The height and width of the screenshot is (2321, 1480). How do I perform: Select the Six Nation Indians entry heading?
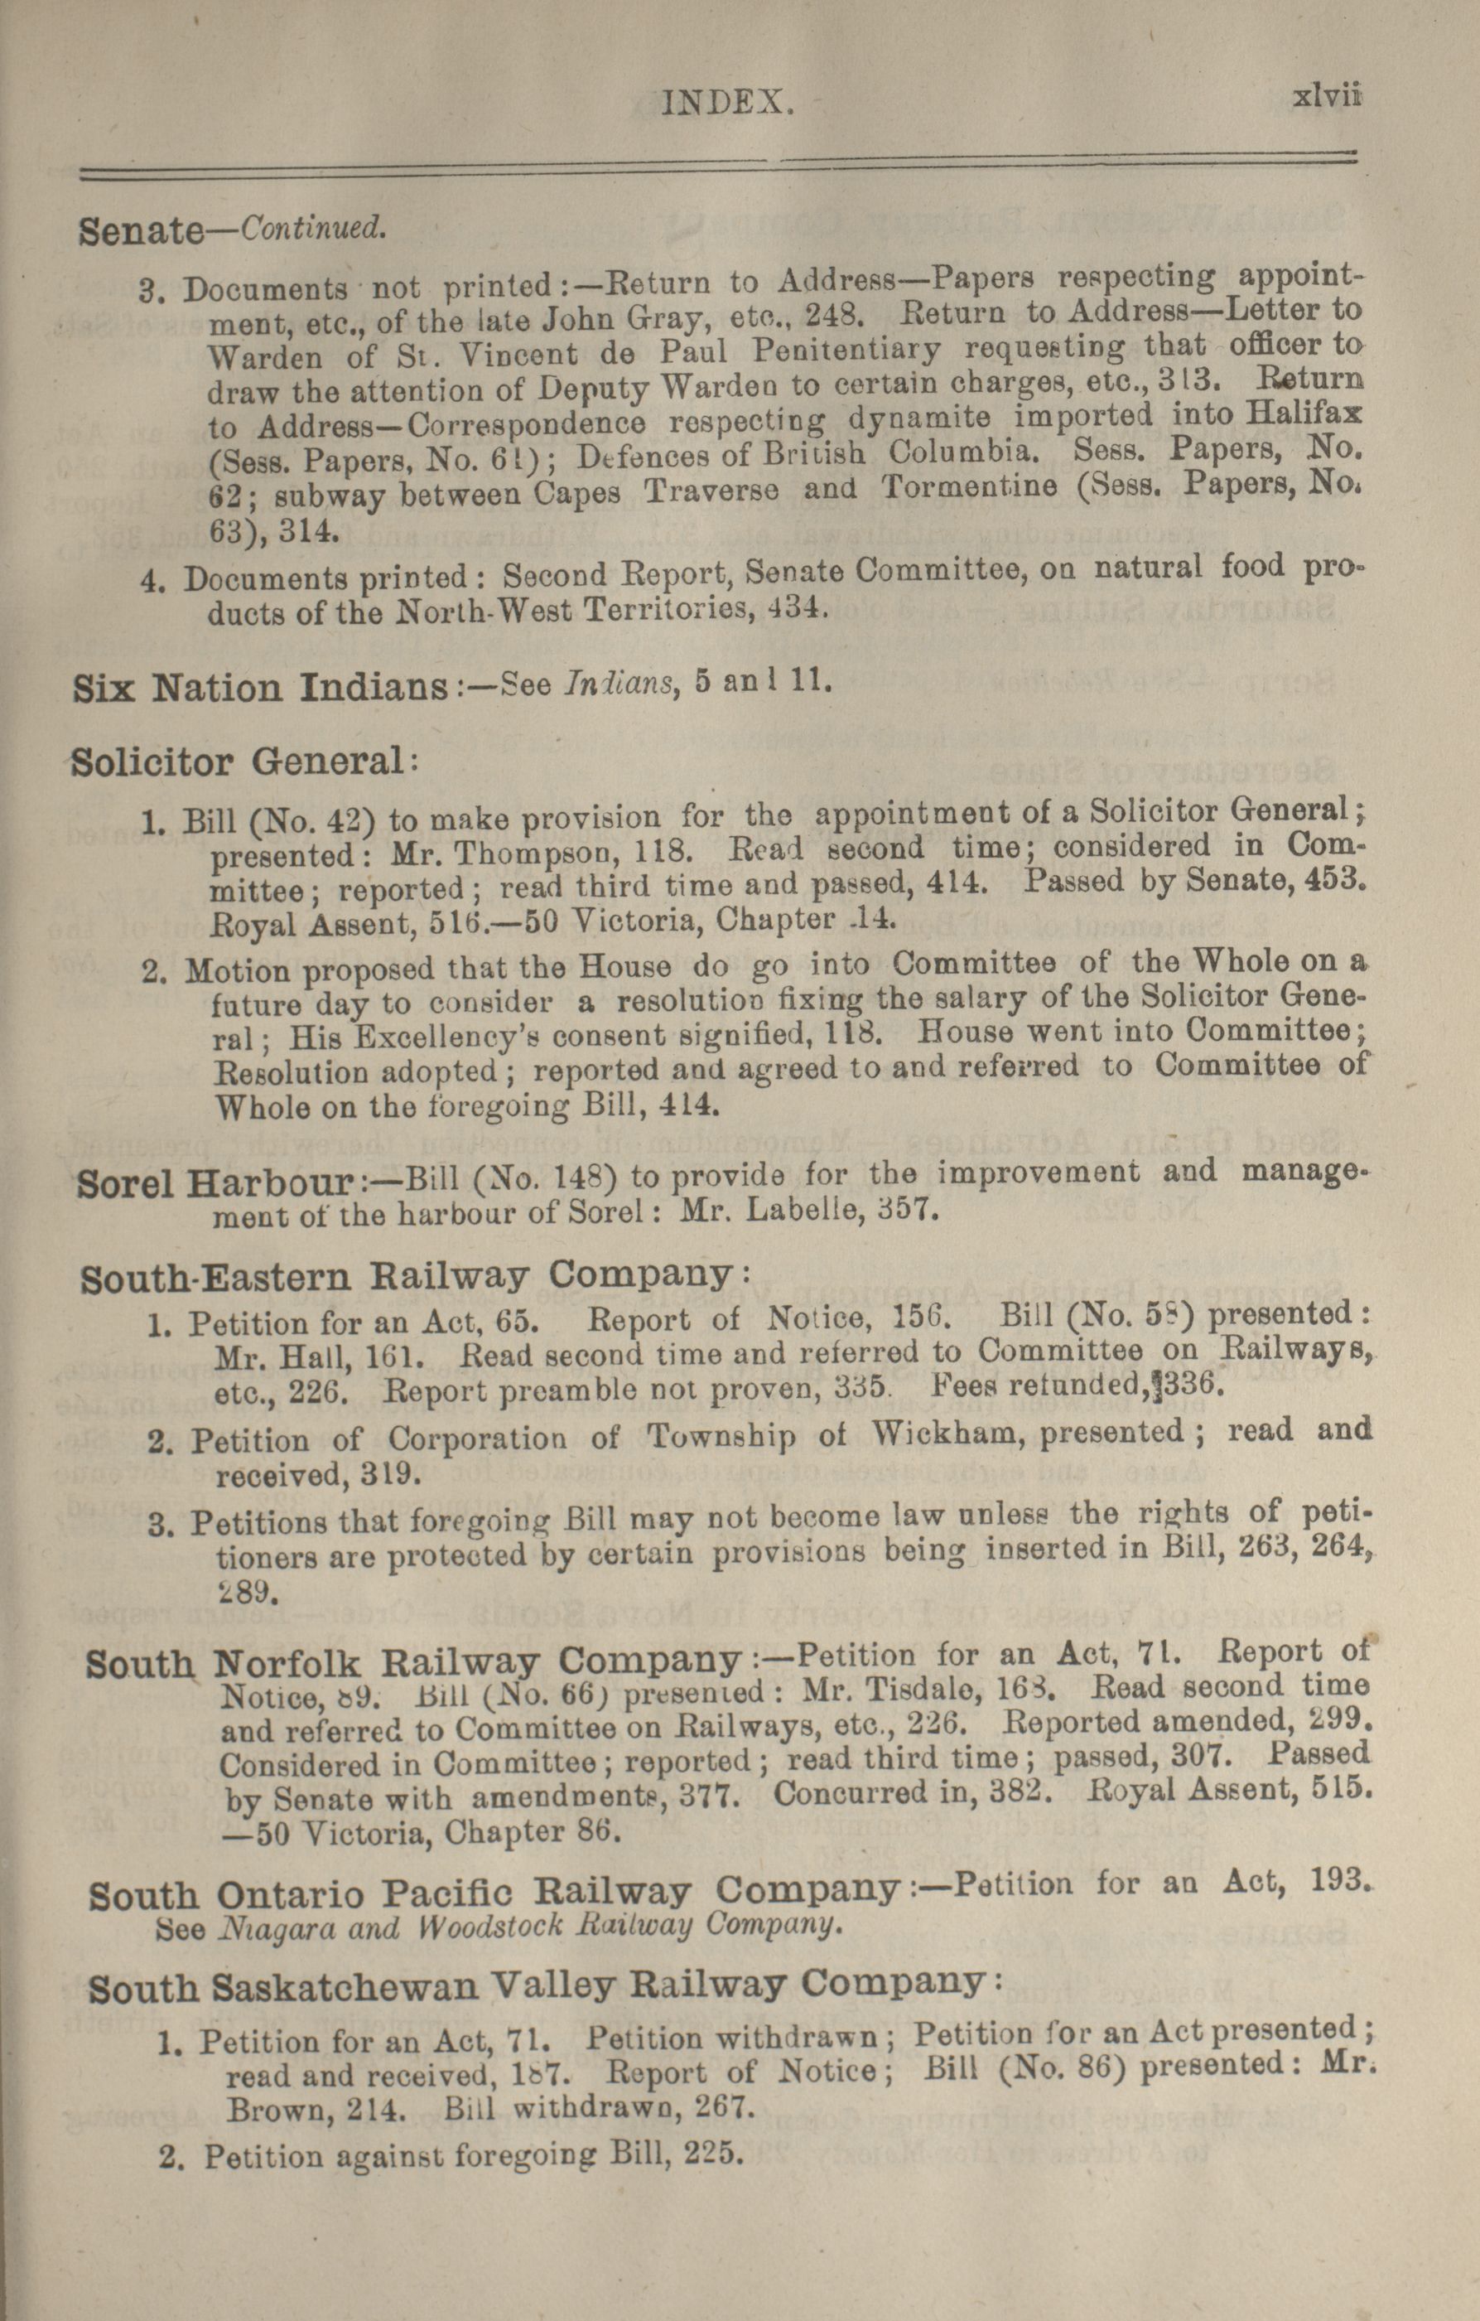(x=260, y=689)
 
